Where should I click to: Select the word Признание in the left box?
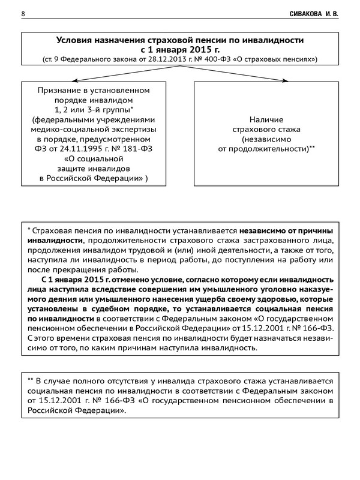[59, 90]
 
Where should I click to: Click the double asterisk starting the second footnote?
[31, 379]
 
